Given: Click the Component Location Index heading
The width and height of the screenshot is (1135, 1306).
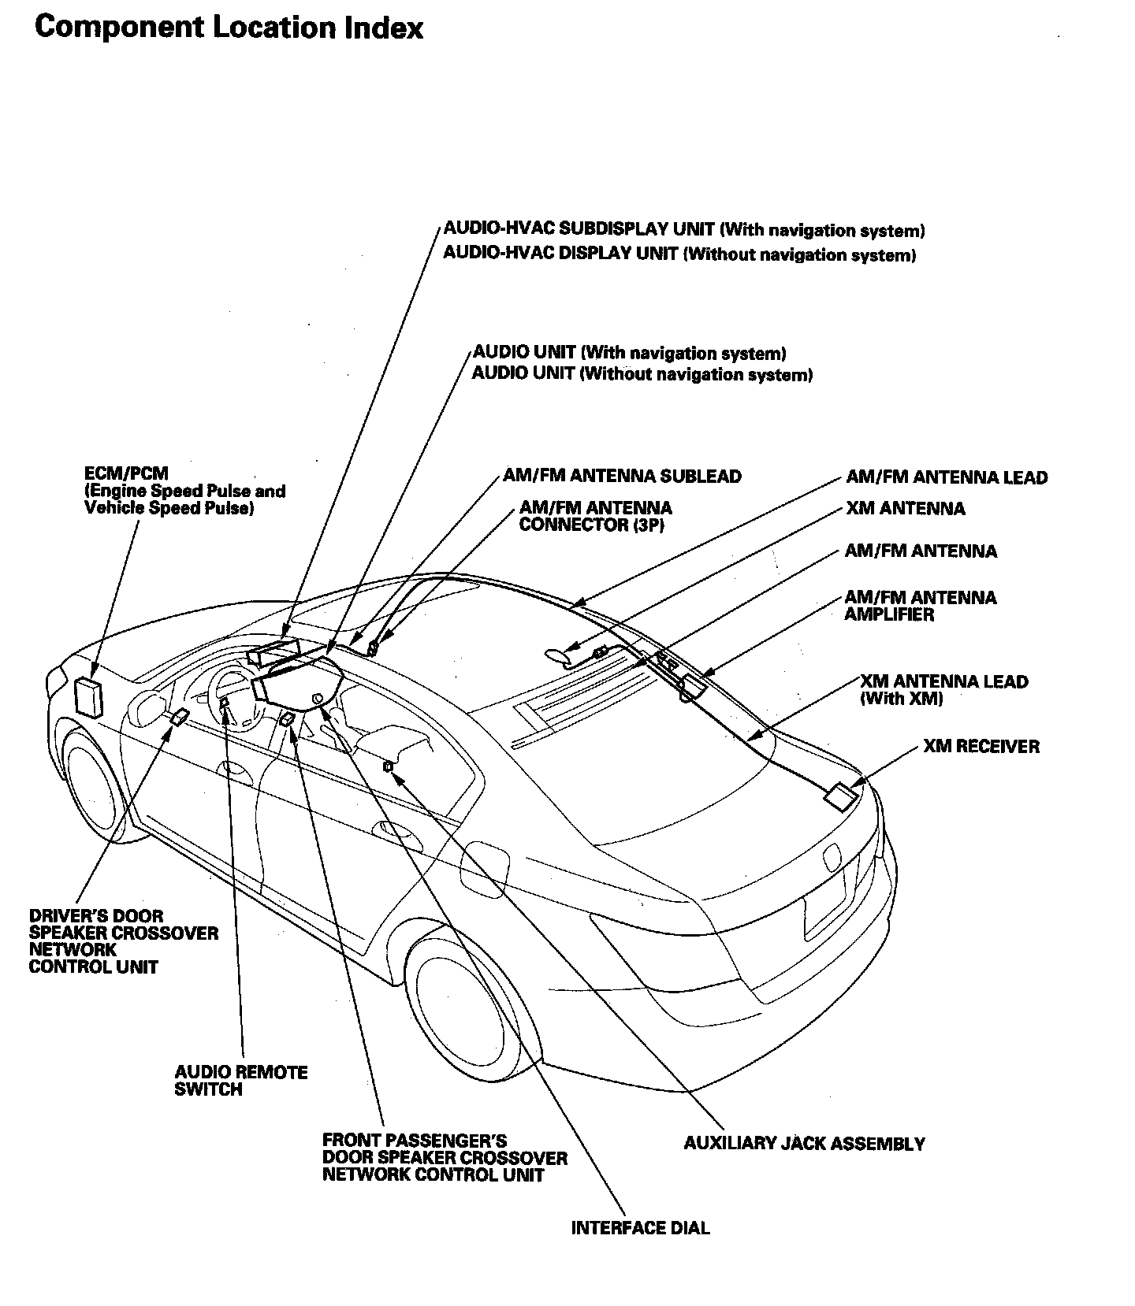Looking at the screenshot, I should click(229, 28).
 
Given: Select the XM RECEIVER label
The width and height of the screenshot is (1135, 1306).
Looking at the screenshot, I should click(981, 746).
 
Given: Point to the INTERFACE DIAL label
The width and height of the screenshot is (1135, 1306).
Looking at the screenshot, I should click(640, 1228).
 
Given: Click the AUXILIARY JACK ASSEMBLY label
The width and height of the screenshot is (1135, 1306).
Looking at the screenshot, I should click(804, 1144).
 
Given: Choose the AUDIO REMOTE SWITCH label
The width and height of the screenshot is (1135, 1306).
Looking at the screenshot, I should click(240, 1081).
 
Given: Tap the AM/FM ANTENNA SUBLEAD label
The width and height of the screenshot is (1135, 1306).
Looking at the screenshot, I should click(622, 477).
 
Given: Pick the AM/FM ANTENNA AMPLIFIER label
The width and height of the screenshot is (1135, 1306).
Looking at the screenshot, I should click(920, 606).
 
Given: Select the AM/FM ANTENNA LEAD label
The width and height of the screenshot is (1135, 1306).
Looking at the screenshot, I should click(947, 477).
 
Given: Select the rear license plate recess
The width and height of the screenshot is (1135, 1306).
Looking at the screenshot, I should click(824, 906).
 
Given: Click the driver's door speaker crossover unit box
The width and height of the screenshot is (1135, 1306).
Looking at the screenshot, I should click(180, 717).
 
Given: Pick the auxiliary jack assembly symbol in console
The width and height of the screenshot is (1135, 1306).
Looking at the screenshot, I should click(388, 766).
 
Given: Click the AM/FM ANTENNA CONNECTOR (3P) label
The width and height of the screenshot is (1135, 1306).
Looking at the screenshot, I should click(595, 516).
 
